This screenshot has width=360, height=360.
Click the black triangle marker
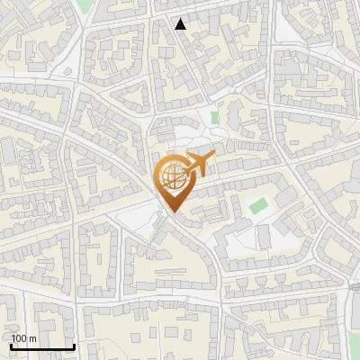tap(181, 24)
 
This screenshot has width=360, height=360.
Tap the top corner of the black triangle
tap(181, 19)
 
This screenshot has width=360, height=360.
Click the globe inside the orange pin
tap(171, 175)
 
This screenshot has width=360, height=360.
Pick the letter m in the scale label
tap(33, 338)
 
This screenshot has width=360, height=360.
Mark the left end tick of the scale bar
tap(10, 346)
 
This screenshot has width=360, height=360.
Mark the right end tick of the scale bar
tap(74, 346)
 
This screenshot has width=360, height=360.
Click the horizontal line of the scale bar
tap(41, 347)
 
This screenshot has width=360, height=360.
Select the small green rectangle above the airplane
tap(214, 117)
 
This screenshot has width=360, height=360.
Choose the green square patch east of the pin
tap(258, 205)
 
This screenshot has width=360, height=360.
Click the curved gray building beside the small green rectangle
tap(230, 113)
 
